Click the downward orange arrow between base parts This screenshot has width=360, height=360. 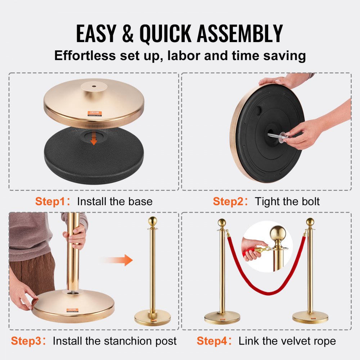(x=94, y=139)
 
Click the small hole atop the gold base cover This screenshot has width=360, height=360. (x=94, y=86)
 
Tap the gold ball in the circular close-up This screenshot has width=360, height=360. (x=278, y=234)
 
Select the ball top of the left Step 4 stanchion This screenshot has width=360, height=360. (x=222, y=222)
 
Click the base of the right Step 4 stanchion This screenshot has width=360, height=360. (x=310, y=317)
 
